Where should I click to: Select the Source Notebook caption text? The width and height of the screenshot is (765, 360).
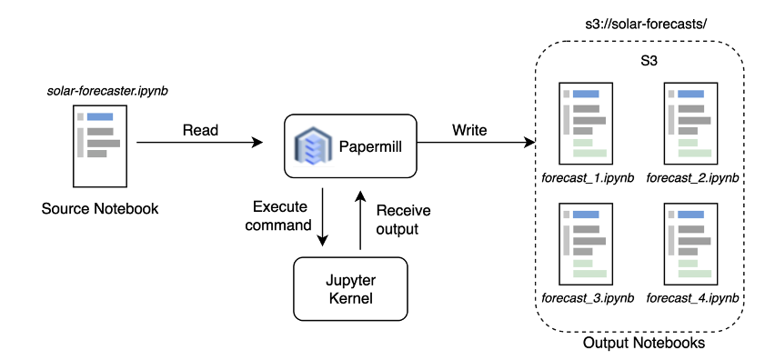point(100,209)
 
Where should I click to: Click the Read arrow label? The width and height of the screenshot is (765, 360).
point(200,130)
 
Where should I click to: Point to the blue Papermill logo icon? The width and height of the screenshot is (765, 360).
point(309,145)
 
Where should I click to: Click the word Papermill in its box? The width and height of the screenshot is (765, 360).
point(371,146)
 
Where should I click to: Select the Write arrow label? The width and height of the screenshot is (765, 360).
point(469,130)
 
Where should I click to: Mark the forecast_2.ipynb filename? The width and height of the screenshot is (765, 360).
point(691,176)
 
